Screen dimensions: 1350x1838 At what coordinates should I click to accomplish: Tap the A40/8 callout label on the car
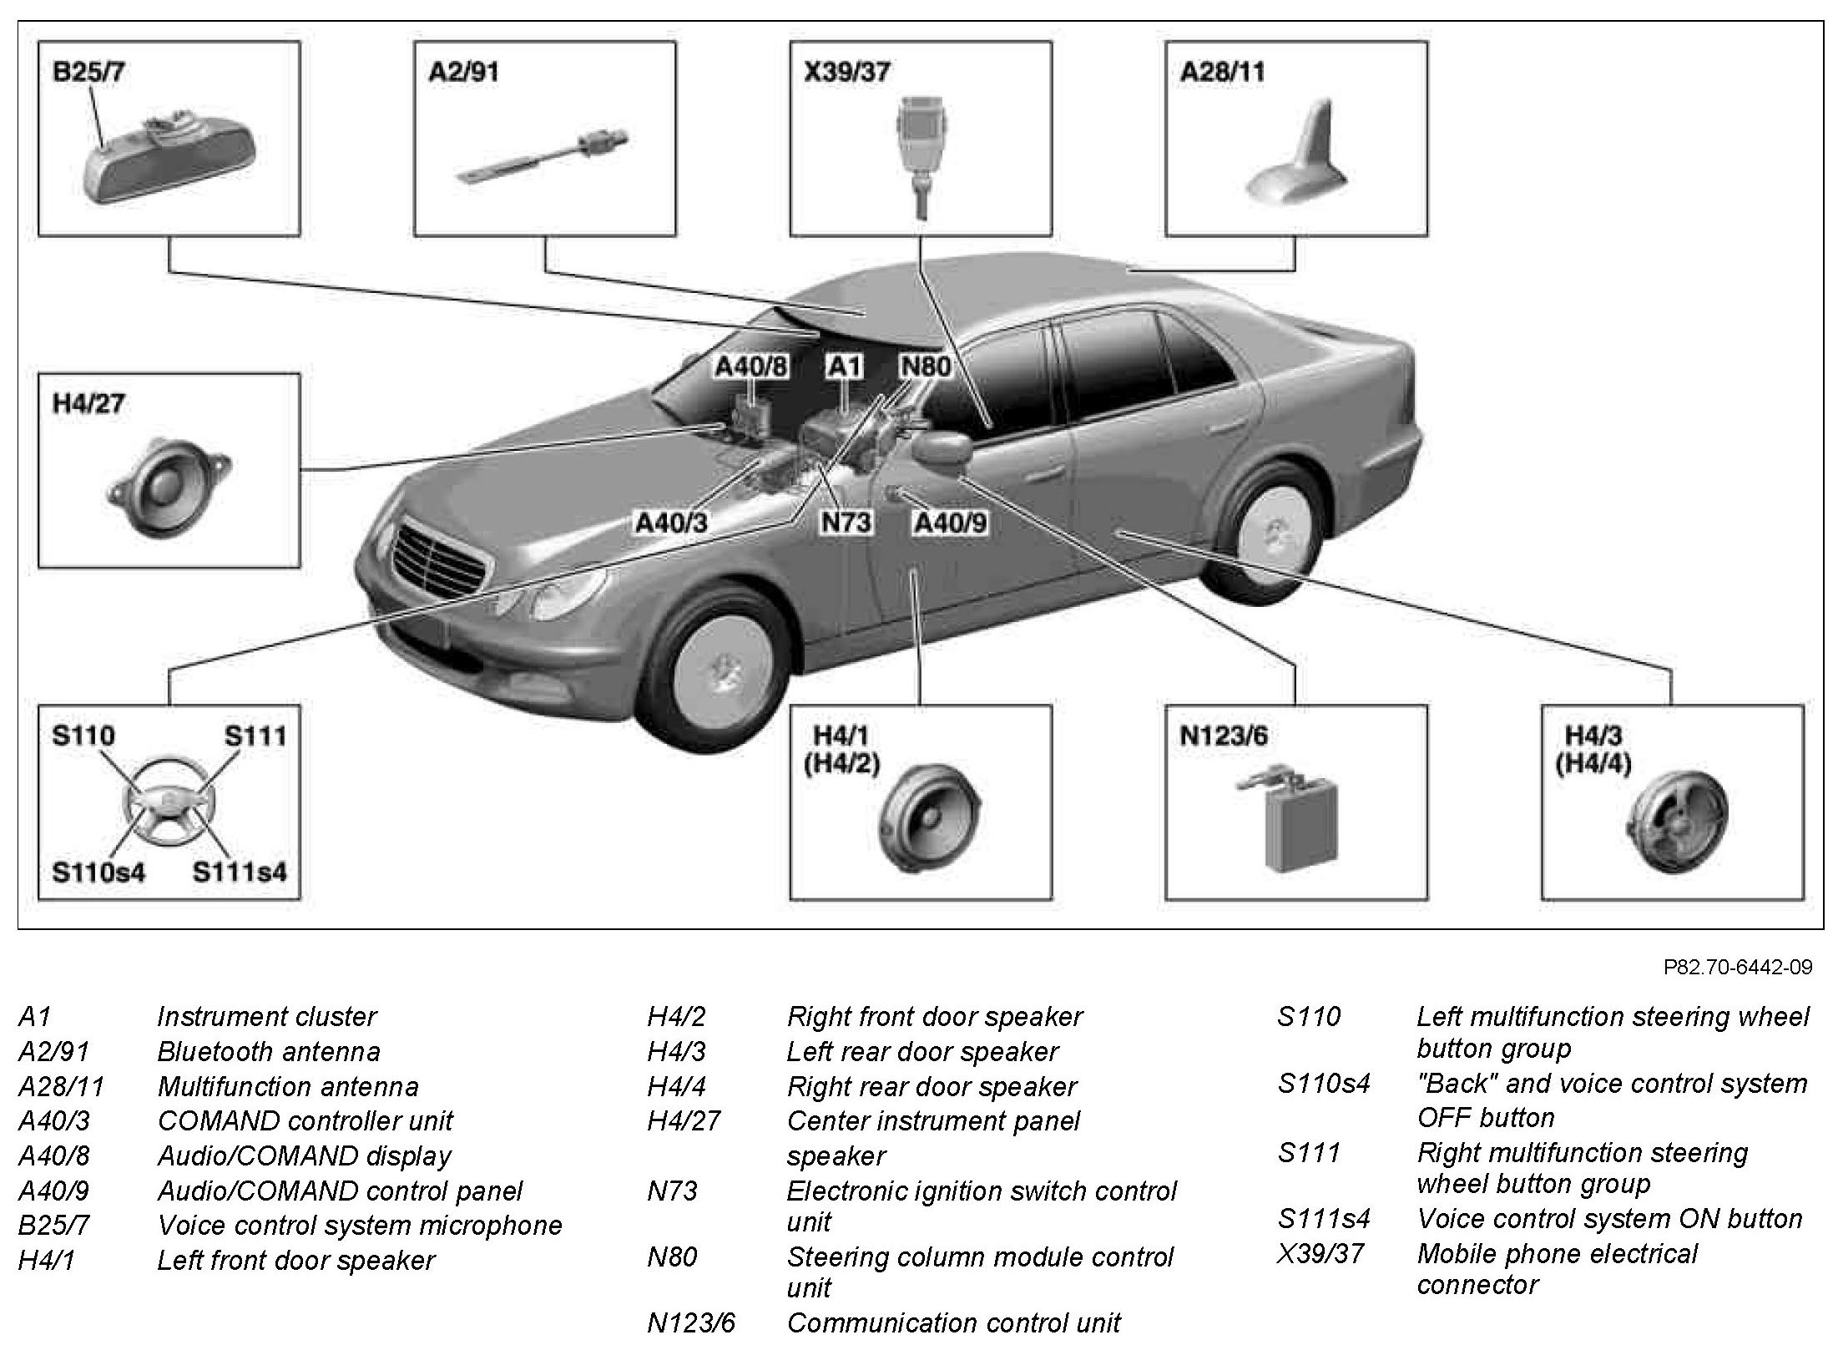[751, 367]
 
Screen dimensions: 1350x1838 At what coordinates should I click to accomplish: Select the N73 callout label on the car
[846, 523]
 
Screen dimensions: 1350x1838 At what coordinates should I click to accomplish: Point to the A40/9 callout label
[951, 523]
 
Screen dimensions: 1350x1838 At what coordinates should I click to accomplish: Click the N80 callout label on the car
[925, 367]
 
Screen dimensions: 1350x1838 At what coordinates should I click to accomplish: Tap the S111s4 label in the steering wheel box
[240, 872]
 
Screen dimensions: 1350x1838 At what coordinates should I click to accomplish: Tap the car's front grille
[438, 561]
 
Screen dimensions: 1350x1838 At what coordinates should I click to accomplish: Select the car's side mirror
[942, 453]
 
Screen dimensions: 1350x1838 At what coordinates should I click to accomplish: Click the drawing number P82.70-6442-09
[1738, 967]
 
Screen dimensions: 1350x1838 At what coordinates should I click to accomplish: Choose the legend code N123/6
[691, 1322]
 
